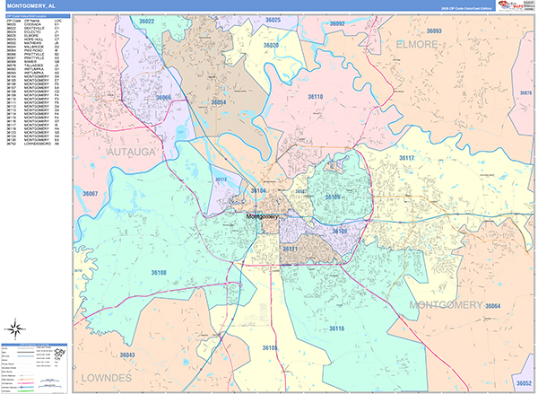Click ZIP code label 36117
[406, 158]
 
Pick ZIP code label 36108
[158, 271]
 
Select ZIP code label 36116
[335, 329]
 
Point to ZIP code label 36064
[492, 307]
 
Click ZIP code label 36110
[316, 96]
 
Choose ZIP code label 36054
[218, 103]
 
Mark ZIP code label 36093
[434, 31]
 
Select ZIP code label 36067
[90, 193]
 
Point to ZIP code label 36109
[333, 196]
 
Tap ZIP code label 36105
[271, 346]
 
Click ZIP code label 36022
[146, 21]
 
